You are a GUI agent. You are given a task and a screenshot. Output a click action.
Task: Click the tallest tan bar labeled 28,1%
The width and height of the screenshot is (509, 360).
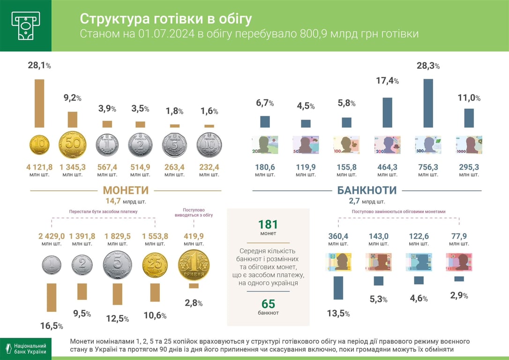point(39,103)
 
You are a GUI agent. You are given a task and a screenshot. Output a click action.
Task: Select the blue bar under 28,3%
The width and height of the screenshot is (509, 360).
point(428,103)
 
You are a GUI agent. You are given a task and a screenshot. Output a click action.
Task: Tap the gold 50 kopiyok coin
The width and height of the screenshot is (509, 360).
point(72,145)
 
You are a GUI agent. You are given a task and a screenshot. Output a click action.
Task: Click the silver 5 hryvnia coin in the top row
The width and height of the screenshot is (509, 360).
point(174,145)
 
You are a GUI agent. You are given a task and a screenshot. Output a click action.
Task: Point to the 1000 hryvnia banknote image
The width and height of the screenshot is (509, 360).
point(469,145)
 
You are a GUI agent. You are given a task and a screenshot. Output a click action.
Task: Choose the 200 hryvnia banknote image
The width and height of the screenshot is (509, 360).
point(387,145)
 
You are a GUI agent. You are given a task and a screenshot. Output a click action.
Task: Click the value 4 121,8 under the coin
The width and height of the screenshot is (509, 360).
point(39,167)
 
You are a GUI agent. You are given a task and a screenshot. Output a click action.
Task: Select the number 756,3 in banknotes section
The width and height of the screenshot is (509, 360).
point(428,167)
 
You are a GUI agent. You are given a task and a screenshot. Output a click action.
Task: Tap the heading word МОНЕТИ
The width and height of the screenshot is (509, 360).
point(126,190)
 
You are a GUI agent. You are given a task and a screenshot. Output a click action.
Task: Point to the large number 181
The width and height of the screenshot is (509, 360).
point(268,225)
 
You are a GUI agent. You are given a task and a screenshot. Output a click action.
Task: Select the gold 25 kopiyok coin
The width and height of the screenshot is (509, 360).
point(155,265)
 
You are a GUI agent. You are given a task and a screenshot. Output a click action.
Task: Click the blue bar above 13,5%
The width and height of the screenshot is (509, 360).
point(338,288)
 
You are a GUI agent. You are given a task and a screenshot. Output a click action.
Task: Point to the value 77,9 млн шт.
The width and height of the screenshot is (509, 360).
point(459,236)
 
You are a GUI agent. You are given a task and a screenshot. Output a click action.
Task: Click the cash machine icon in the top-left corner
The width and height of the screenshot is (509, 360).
point(25,25)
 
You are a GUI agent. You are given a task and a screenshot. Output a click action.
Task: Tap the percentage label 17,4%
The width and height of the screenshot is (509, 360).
point(387,81)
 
